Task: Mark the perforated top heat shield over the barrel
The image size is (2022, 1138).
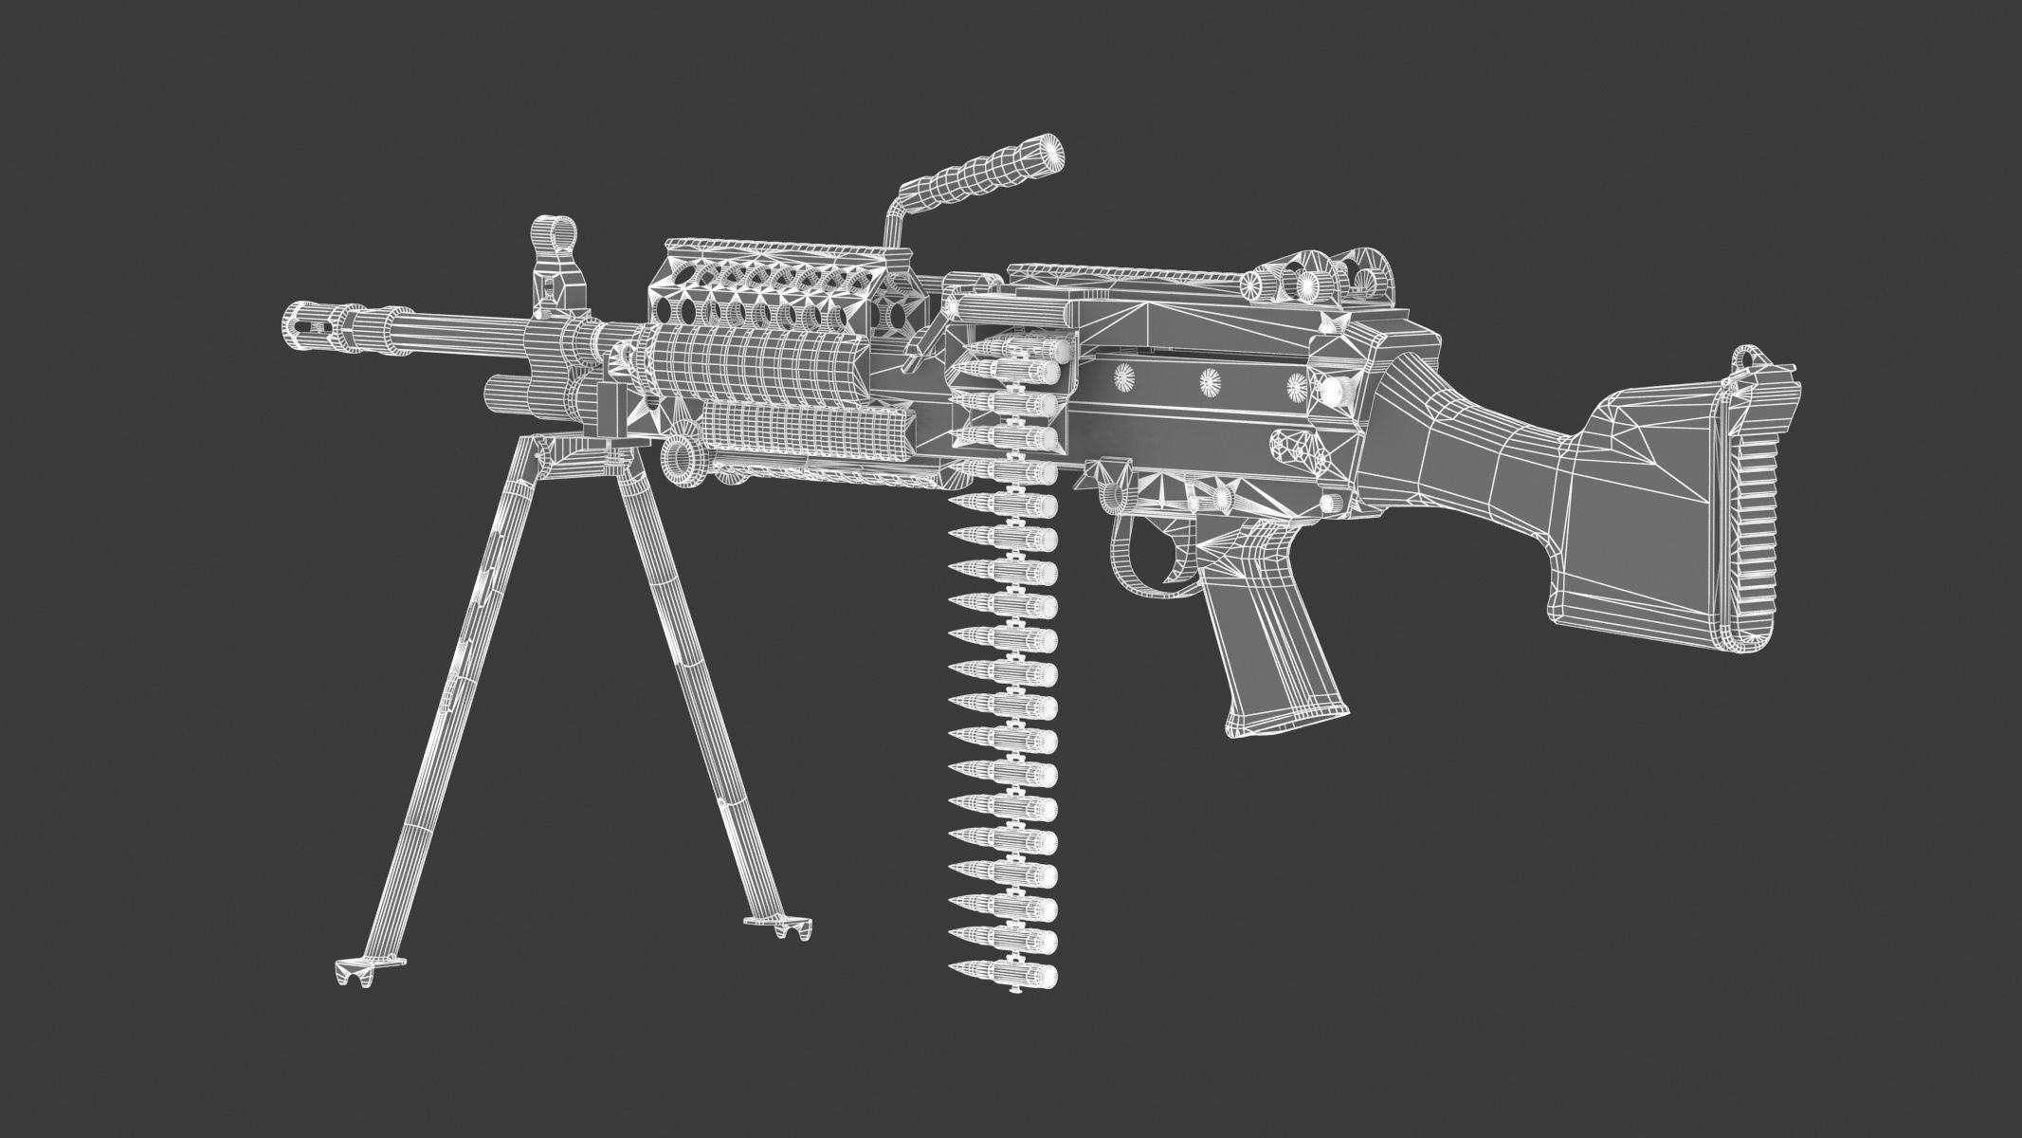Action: click(x=777, y=284)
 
